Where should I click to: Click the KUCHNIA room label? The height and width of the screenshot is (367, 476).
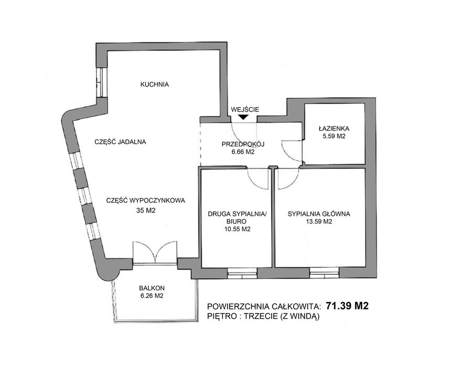154,84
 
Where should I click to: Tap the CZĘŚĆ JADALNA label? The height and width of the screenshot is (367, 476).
120,141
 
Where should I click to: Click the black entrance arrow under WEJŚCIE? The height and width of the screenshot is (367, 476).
244,118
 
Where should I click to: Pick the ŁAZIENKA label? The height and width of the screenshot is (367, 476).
334,128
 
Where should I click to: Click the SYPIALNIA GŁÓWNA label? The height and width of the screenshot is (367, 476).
319,213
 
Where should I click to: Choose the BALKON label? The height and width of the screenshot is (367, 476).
152,288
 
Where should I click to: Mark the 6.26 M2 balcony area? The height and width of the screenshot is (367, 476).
152,296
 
